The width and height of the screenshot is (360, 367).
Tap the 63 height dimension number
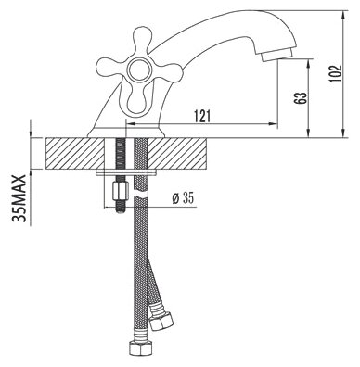pyautogui.click(x=300, y=96)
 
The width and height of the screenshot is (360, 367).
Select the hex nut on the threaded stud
pyautogui.click(x=119, y=192)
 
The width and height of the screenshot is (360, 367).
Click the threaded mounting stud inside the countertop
pyautogui.click(x=119, y=153)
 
